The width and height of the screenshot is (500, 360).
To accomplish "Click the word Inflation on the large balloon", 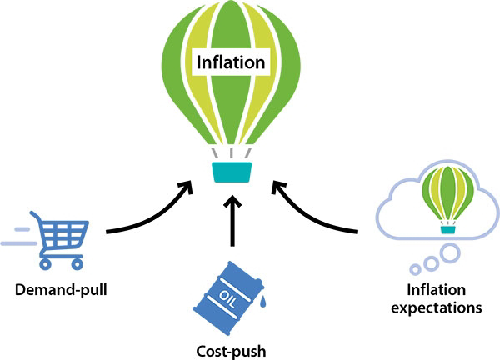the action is tap(231, 62).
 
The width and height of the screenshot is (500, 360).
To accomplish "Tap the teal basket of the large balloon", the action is tap(232, 172).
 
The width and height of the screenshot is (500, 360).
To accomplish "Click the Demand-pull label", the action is tap(61, 290).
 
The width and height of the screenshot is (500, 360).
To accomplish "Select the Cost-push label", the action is tap(231, 352).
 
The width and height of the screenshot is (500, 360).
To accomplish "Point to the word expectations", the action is tap(436, 308).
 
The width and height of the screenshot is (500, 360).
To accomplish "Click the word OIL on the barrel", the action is tap(227, 299).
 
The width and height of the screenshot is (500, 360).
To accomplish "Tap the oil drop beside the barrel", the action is tap(262, 302).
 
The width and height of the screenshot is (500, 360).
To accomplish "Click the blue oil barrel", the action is tap(228, 298).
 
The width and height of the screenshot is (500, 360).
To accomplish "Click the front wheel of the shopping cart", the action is tap(77, 264).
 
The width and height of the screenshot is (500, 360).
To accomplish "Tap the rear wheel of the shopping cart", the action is tap(45, 264).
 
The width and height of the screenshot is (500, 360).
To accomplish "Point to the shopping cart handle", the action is tap(35, 216).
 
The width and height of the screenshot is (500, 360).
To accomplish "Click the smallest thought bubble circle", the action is tap(415, 269).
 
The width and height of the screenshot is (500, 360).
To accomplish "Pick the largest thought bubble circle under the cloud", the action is tap(450, 253).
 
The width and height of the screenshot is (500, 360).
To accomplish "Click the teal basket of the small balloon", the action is tap(448, 230).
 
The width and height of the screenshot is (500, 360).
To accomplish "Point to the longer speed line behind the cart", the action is tap(19, 243).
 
